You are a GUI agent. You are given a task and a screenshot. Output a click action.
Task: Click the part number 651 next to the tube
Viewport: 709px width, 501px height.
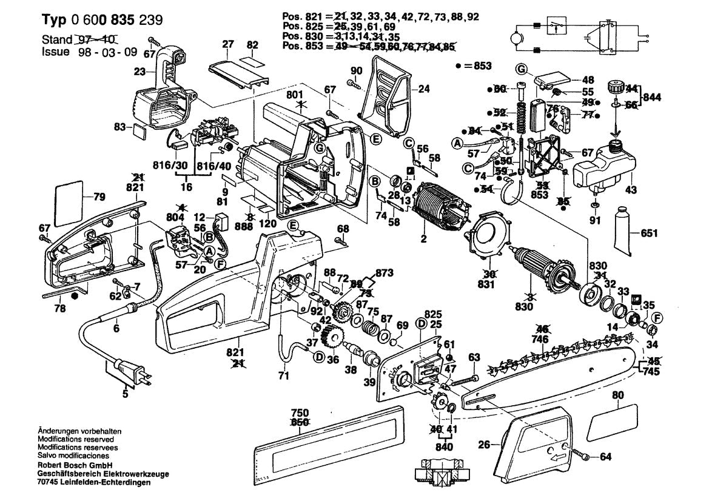[x=649, y=233]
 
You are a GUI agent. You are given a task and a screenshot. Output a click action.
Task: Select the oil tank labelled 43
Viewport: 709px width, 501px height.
[x=603, y=167]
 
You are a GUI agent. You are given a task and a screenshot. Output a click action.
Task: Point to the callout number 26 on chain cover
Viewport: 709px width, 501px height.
[x=483, y=445]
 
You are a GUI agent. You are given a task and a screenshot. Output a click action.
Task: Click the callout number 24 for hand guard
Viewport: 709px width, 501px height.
[x=423, y=89]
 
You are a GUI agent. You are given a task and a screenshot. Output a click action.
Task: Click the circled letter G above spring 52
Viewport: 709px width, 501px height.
[x=521, y=67]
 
